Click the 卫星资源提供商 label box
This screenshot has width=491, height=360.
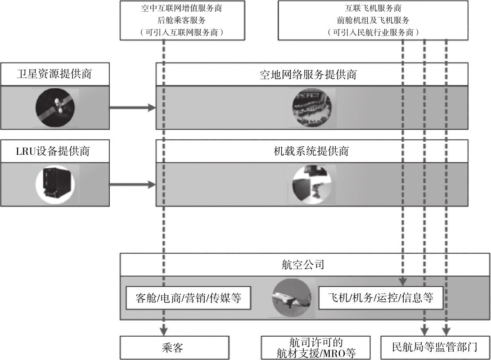54,74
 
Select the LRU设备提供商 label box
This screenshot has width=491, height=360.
54,151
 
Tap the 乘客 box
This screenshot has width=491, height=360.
174,348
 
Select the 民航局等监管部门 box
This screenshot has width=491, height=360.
435,348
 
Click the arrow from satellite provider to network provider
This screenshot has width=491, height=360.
131,108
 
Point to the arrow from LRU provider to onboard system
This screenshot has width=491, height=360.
131,184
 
